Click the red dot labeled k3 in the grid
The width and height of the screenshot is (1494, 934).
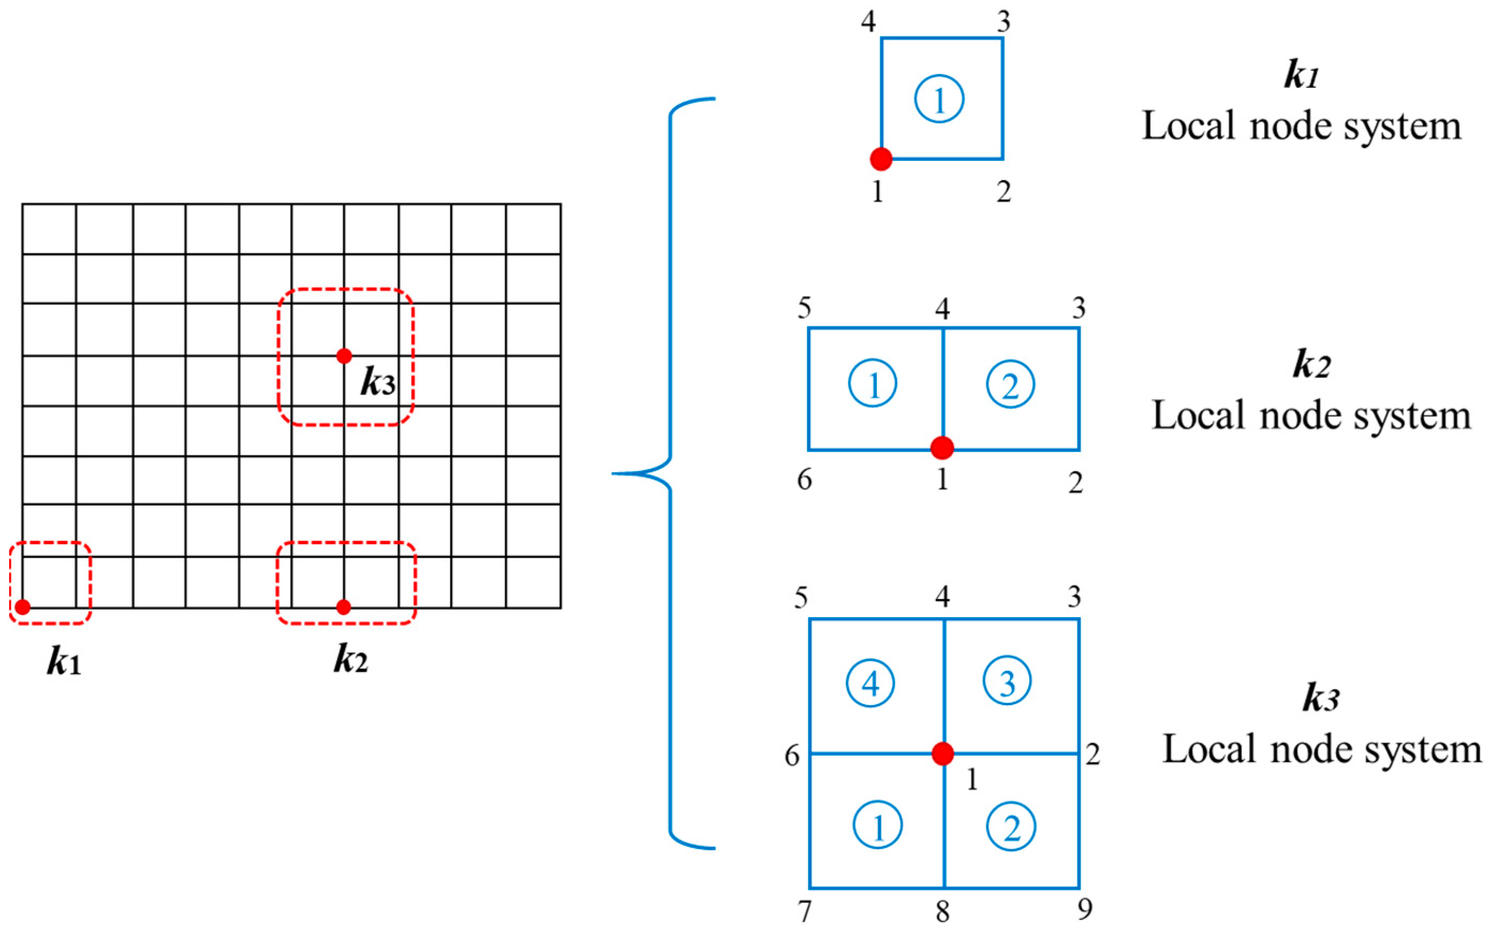(x=344, y=356)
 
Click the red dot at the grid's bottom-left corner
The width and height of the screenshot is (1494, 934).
(x=23, y=607)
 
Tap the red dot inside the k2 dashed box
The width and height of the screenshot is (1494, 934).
(x=344, y=607)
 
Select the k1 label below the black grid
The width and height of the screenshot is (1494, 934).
(x=64, y=663)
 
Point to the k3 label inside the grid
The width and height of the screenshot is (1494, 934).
(x=378, y=383)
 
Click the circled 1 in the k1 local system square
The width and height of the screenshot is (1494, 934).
(x=939, y=99)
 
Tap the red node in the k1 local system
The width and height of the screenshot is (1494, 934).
(x=881, y=159)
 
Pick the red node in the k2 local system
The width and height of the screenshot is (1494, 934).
(x=942, y=447)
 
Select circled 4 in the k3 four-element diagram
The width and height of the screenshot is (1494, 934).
(x=870, y=683)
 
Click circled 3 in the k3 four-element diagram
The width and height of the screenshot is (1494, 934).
(x=1007, y=681)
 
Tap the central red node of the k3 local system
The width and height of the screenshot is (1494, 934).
(x=943, y=754)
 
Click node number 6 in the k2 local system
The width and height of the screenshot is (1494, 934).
(x=804, y=479)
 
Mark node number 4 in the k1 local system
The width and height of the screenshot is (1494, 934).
(x=869, y=22)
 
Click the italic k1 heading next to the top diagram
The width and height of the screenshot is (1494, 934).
(x=1301, y=77)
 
